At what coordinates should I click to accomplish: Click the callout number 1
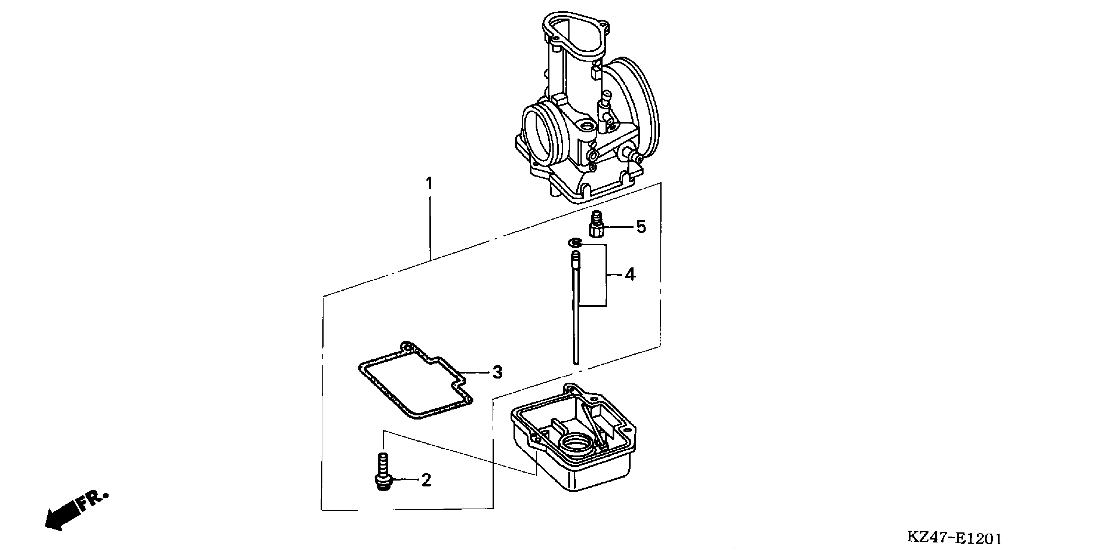pos(429,184)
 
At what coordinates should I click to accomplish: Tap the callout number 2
pos(426,480)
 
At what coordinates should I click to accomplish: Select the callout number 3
pos(498,372)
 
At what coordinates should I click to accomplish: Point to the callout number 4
pos(630,275)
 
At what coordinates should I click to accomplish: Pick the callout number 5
pos(641,227)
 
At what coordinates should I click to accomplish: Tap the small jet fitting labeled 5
pos(596,224)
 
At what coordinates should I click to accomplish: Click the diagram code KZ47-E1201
pos(954,539)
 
